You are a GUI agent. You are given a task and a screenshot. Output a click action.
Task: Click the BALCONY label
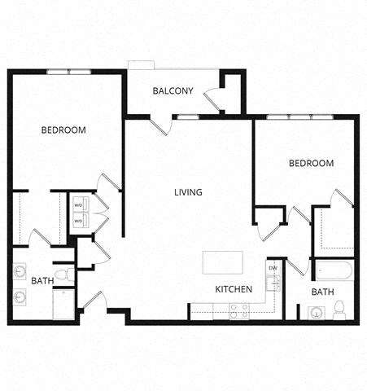pyautogui.click(x=173, y=90)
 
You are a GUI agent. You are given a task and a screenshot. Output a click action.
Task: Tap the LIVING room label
pyautogui.click(x=188, y=192)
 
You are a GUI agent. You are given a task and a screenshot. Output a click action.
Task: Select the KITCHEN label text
pyautogui.click(x=234, y=289)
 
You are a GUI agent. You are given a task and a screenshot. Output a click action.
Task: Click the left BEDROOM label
pyautogui.click(x=64, y=130)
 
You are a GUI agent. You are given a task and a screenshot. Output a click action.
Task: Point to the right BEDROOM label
pyautogui.click(x=311, y=163)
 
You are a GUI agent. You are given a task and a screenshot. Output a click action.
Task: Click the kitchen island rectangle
pyautogui.click(x=222, y=262)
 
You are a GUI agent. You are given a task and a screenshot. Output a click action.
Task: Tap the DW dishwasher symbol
pyautogui.click(x=273, y=268)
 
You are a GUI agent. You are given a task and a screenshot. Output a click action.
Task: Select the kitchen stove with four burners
pyautogui.click(x=240, y=310)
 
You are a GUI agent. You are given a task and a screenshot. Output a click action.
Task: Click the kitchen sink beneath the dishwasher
pyautogui.click(x=274, y=283)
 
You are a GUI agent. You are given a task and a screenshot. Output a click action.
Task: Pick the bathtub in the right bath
pyautogui.click(x=334, y=270)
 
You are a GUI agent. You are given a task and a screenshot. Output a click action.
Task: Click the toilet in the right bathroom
pyautogui.click(x=339, y=310)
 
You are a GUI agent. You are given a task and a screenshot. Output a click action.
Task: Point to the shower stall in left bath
pyautogui.click(x=63, y=304)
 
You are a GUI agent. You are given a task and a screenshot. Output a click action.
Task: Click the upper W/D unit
pyautogui.click(x=79, y=204)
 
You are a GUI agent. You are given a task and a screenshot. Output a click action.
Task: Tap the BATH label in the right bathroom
pyautogui.click(x=322, y=292)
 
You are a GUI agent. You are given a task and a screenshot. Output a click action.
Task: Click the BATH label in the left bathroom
pyautogui.click(x=42, y=281)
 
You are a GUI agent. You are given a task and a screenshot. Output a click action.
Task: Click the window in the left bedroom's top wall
pyautogui.click(x=68, y=72)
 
